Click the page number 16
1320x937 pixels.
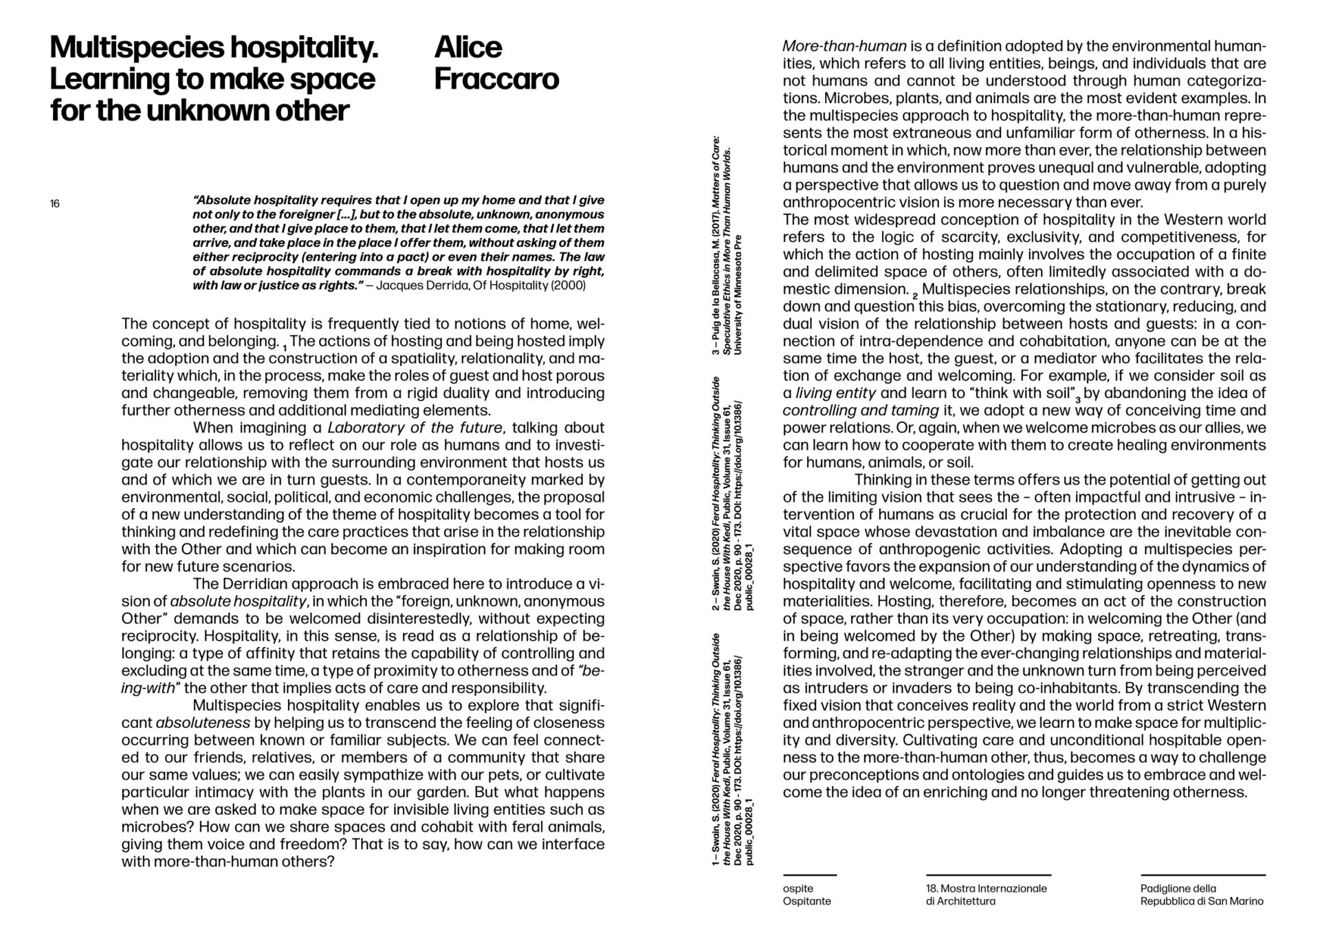[55, 203]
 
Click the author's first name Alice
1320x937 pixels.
[468, 47]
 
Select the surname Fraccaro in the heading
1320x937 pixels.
[496, 79]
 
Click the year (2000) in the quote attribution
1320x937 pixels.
[570, 285]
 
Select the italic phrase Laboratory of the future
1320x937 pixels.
[415, 428]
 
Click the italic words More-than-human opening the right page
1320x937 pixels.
[845, 47]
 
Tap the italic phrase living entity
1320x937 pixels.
[835, 393]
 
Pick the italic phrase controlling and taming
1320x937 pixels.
[861, 410]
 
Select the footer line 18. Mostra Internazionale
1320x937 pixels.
[986, 888]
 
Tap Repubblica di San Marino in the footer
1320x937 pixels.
[1201, 901]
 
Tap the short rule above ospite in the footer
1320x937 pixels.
[809, 875]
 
